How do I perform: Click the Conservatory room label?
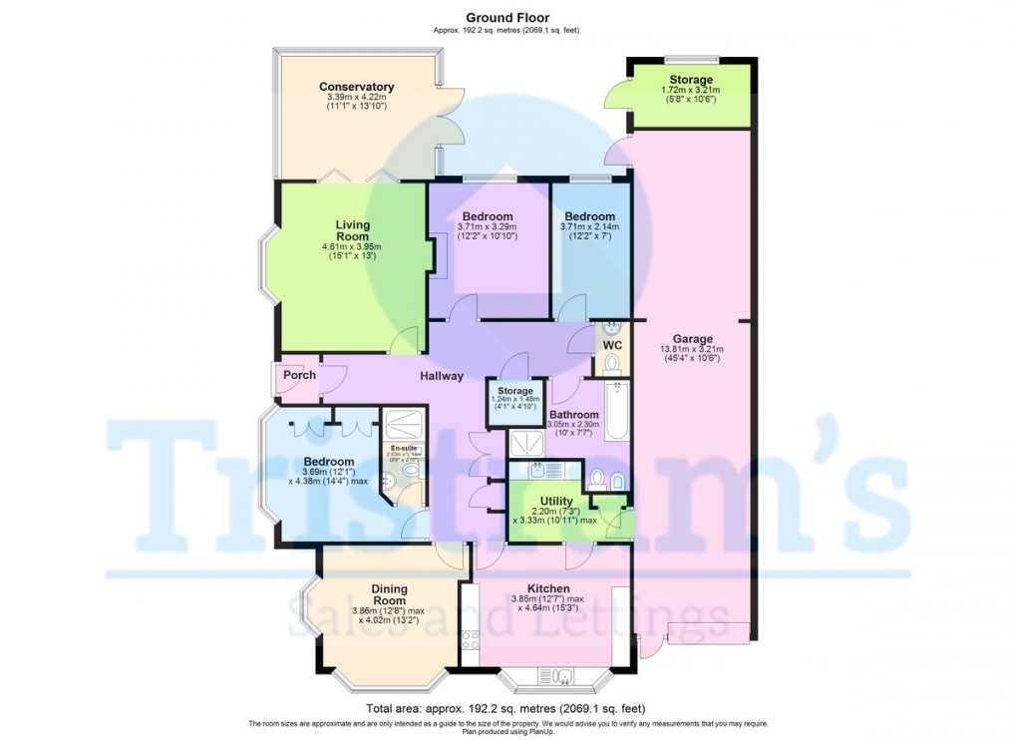click(356, 87)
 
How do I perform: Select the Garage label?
click(691, 338)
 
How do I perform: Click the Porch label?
click(299, 375)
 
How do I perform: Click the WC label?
click(613, 345)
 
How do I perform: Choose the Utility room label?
click(555, 501)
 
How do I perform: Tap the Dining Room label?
click(389, 594)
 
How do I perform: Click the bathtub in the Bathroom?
click(616, 410)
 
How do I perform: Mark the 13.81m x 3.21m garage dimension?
click(691, 349)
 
